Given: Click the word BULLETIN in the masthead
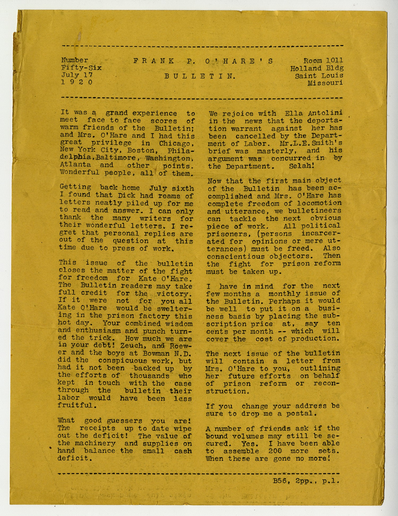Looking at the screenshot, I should click(x=200, y=76).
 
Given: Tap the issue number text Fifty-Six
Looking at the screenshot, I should click(x=81, y=68).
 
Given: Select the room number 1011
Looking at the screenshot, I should click(x=334, y=61).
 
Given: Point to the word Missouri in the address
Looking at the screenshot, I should click(x=325, y=83).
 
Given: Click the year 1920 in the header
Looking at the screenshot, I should click(x=77, y=82).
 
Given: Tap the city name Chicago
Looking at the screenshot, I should click(x=176, y=143).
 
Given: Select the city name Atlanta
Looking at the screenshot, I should click(x=75, y=165).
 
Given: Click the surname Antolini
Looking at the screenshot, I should click(x=325, y=113).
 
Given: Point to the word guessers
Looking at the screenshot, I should click(x=124, y=421).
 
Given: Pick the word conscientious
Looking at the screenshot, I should click(x=236, y=256).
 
